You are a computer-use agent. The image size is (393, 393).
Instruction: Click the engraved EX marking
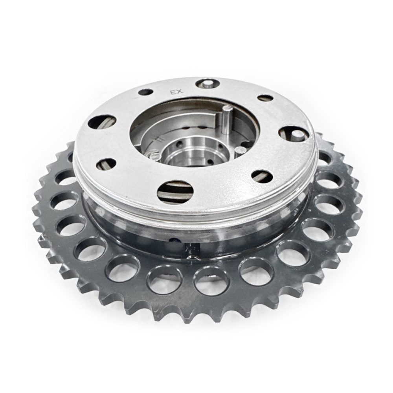[176, 92]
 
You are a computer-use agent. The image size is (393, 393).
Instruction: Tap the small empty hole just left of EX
[146, 92]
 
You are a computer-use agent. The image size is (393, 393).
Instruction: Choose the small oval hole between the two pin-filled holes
[266, 98]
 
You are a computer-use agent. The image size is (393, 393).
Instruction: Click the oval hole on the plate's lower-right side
[262, 175]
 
